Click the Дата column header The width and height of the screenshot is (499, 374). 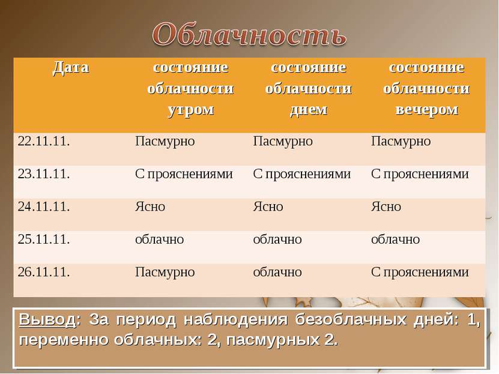[x=70, y=67]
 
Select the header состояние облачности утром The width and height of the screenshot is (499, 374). [x=190, y=88]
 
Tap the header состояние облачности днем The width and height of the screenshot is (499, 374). [x=308, y=88]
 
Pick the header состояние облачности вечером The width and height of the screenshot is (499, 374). [x=426, y=88]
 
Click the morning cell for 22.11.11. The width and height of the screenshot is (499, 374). [x=165, y=142]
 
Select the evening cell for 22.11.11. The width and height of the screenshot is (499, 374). [x=401, y=142]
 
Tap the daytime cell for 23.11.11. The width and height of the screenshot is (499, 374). [x=301, y=175]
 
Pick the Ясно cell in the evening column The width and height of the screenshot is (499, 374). [x=386, y=207]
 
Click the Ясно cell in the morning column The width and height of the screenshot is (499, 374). [x=150, y=207]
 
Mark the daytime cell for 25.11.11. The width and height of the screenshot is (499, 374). [x=277, y=240]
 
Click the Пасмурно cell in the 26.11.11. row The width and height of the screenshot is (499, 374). [x=165, y=272]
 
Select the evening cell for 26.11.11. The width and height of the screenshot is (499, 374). [x=419, y=272]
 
